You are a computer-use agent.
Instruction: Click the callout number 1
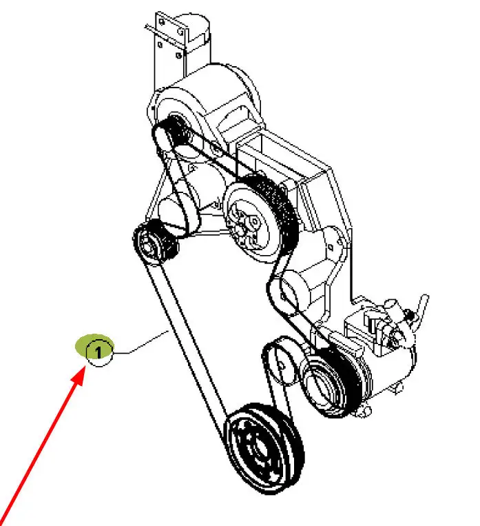click(98, 352)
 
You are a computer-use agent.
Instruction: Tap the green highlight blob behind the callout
click(94, 345)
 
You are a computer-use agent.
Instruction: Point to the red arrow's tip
click(85, 367)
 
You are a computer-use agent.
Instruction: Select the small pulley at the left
click(155, 242)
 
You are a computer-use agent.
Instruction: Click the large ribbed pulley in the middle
click(261, 218)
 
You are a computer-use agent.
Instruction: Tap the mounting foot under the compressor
click(366, 412)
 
